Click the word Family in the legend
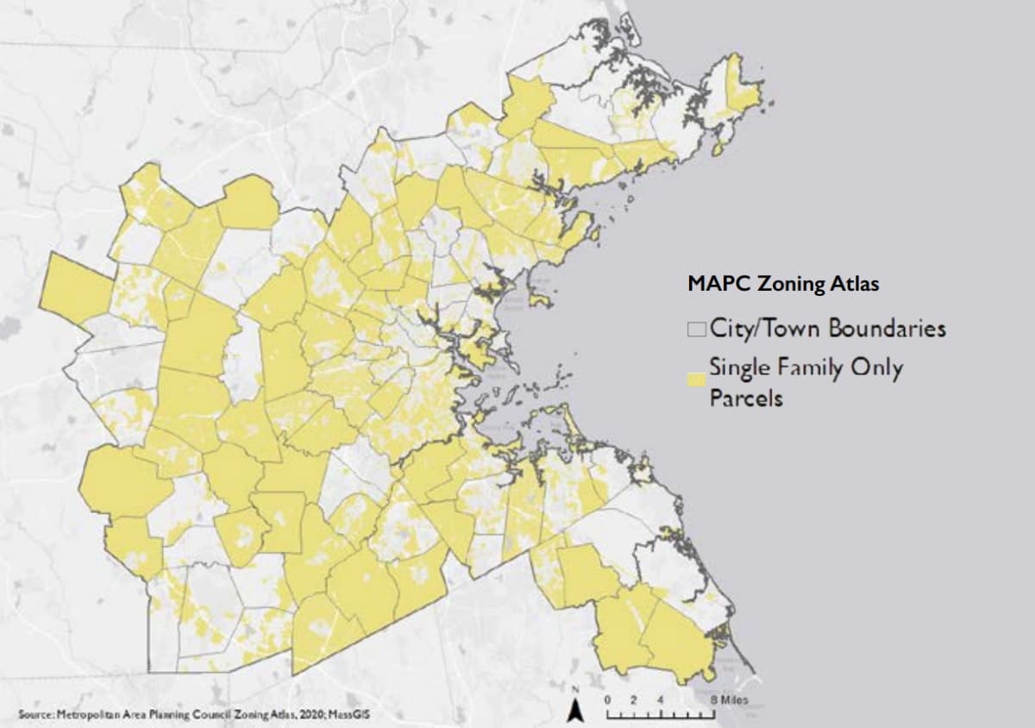tap(804, 368)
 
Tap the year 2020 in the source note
tap(293, 716)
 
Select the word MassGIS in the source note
tap(332, 716)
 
